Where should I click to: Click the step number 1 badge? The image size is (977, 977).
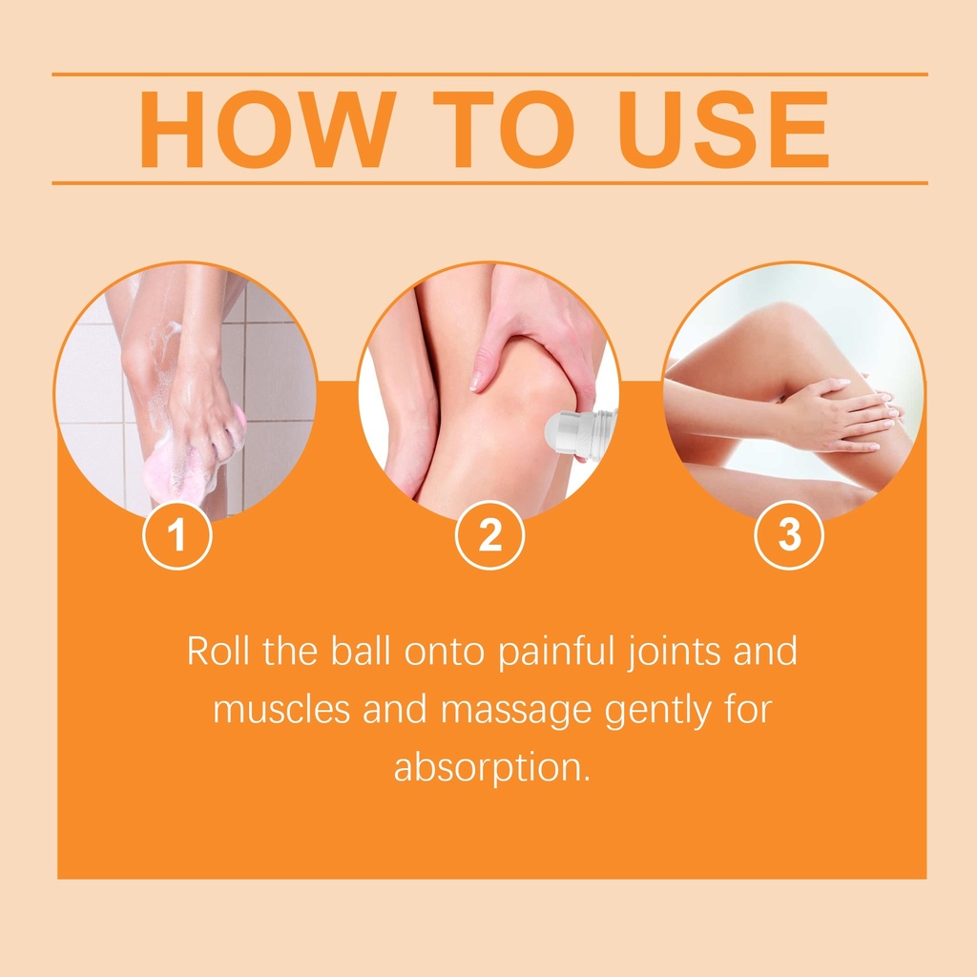tap(177, 534)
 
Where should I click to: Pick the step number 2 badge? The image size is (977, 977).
tap(489, 534)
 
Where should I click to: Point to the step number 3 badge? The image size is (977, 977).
tap(789, 534)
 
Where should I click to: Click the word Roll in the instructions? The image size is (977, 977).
tap(218, 651)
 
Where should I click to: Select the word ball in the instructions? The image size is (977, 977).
tap(361, 651)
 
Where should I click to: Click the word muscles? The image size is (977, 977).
tap(281, 710)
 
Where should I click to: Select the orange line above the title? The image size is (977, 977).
tap(489, 74)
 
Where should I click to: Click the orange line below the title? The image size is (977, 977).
tap(489, 183)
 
